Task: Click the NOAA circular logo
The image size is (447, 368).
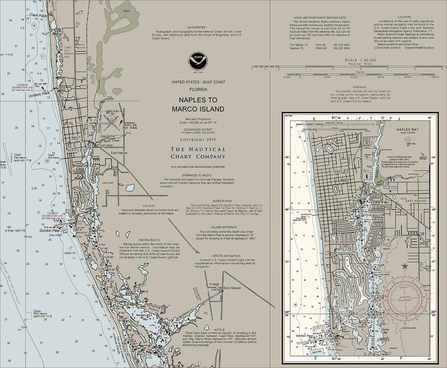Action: click(x=198, y=62)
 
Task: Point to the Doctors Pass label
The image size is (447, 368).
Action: click(x=39, y=93)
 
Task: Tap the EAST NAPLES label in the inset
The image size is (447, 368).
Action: click(x=416, y=200)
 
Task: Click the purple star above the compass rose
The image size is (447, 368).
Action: click(x=404, y=266)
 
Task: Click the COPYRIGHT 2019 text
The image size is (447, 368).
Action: click(x=198, y=140)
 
